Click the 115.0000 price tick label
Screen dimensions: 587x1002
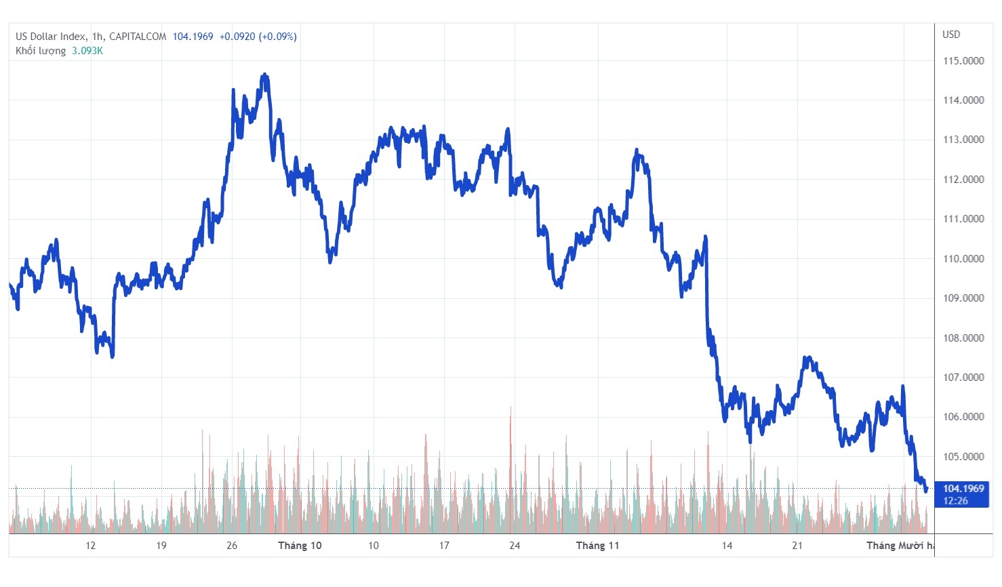pos(963,61)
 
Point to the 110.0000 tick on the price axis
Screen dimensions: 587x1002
pos(963,259)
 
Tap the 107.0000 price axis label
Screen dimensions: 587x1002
pos(963,378)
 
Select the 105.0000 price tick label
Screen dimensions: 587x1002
pos(963,457)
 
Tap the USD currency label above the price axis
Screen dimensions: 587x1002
pos(951,35)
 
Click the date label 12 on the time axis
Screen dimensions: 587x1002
pos(90,546)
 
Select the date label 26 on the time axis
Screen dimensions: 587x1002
pos(232,546)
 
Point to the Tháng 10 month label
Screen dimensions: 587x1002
pos(300,546)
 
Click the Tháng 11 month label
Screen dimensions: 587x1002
pos(597,546)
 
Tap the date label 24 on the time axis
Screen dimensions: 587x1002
pos(515,546)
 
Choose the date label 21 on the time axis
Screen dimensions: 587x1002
pos(797,546)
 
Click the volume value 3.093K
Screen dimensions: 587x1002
pos(87,51)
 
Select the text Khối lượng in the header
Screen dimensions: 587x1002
pos(41,51)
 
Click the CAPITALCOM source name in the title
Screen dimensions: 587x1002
pos(138,37)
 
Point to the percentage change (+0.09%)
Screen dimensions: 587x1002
pos(277,37)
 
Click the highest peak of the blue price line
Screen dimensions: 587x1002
pos(264,75)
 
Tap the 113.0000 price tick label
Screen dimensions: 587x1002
pos(963,140)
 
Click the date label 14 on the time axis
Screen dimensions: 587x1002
pos(727,546)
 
